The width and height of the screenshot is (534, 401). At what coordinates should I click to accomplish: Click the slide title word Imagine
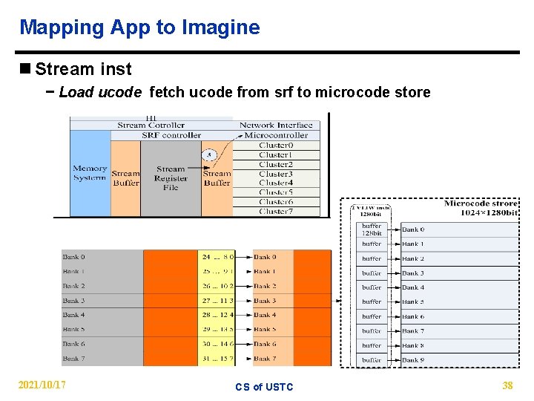223,28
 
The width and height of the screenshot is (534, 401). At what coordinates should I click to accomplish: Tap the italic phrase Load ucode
99,92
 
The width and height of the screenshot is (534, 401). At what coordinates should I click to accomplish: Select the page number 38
507,385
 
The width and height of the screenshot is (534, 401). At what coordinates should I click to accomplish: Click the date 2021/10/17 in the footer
42,385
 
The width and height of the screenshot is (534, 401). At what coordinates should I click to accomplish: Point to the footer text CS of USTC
264,387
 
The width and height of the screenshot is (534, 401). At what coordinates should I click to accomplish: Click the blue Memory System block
90,174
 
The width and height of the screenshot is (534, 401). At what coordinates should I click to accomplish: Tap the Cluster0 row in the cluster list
275,146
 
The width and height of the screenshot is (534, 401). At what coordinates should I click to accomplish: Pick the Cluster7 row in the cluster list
275,211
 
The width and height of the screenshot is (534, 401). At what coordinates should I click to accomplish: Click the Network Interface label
276,125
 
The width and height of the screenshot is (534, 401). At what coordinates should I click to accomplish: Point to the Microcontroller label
276,135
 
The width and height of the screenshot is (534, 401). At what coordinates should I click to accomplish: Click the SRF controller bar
171,135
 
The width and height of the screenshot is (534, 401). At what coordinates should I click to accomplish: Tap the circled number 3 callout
209,155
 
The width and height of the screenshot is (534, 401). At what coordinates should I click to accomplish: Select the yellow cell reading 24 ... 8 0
217,257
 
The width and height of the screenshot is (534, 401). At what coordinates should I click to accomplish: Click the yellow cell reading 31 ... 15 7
217,359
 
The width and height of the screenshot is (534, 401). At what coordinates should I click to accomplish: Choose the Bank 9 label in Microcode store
413,360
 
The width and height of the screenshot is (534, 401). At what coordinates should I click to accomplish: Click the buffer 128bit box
372,229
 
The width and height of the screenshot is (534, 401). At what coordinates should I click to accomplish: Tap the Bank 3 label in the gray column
74,301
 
